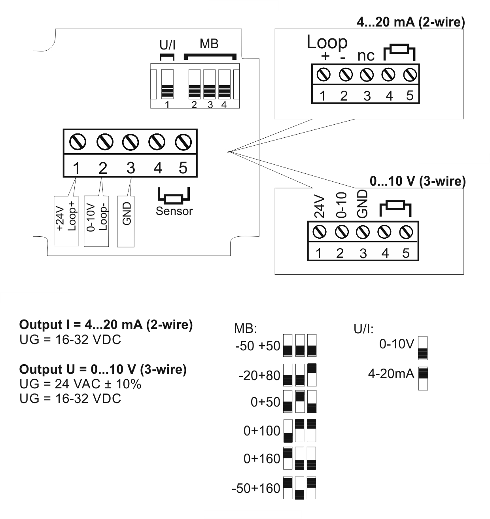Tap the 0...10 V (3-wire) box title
417,181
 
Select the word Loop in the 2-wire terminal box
327,42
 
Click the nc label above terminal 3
366,56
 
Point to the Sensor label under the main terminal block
174,211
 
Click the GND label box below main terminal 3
126,221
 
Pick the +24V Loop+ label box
66,220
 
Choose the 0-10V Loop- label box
96,220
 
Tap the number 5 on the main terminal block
183,167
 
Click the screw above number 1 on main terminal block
76,141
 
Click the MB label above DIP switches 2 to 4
209,44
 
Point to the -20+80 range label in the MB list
259,375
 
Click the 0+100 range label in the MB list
262,431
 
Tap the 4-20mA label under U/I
391,374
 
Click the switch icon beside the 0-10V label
423,348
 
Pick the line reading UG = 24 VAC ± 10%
80,384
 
